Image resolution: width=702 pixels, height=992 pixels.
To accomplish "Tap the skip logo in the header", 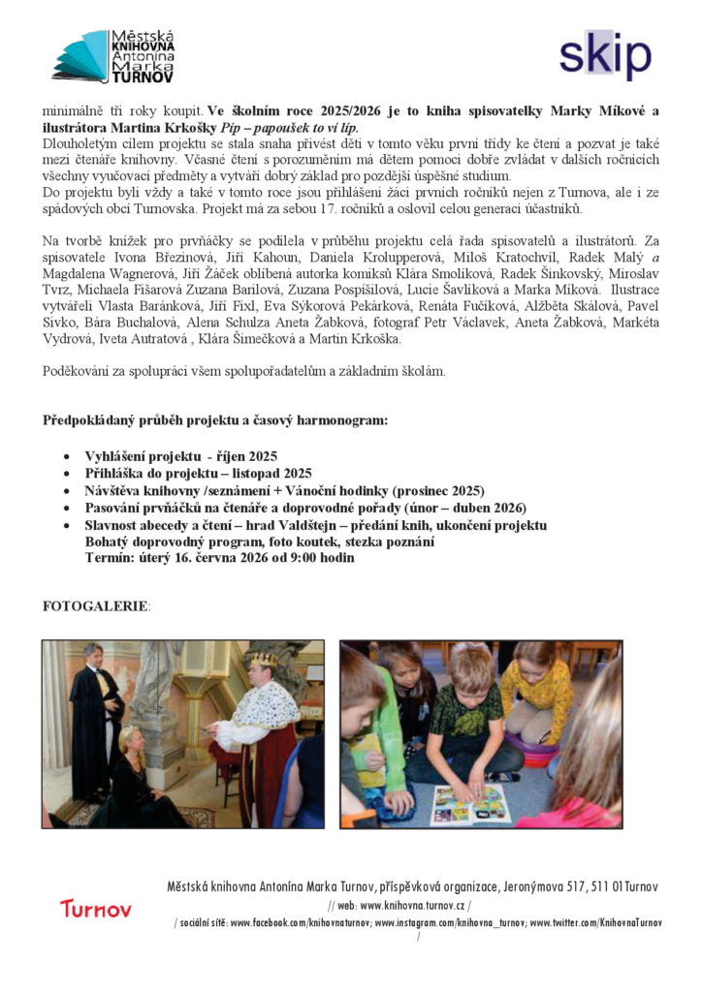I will pos(605,54).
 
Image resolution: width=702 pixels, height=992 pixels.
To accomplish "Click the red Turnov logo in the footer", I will pos(95,909).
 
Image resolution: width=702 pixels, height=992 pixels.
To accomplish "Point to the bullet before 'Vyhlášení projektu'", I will pos(65,455).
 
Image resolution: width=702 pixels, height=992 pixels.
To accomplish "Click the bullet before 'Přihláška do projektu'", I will pos(65,473).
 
